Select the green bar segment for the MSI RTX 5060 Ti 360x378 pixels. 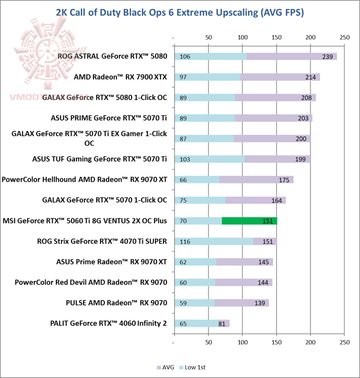click(x=249, y=221)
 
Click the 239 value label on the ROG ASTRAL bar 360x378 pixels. click(x=327, y=57)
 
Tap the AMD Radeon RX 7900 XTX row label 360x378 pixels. click(x=120, y=77)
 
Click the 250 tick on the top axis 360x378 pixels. click(x=344, y=38)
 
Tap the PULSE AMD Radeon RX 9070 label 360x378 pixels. click(x=116, y=303)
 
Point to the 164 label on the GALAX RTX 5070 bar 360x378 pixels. click(x=276, y=200)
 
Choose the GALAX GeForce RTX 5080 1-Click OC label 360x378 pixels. click(x=105, y=98)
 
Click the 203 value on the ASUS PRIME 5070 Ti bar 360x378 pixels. click(x=301, y=118)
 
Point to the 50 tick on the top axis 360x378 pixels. click(x=208, y=38)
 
